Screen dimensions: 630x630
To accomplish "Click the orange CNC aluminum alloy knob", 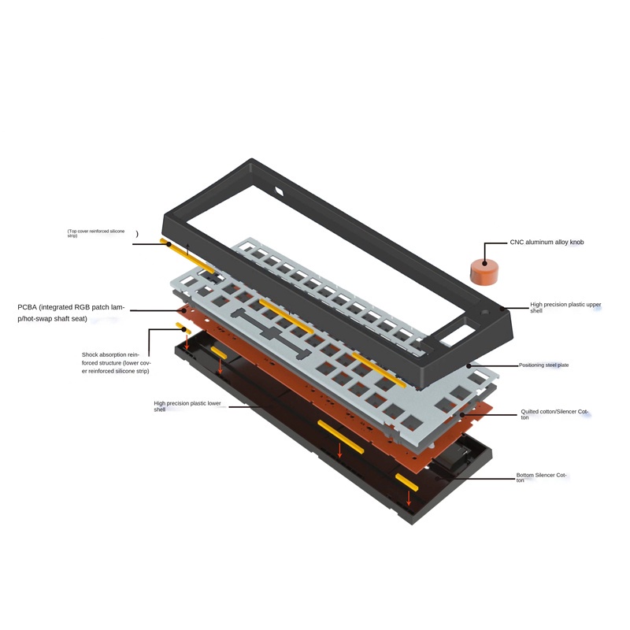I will point(484,272).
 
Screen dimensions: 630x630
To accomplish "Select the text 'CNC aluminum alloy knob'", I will point(547,243).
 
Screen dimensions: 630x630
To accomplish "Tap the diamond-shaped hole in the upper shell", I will point(280,191).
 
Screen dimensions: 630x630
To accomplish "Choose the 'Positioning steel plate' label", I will point(543,365).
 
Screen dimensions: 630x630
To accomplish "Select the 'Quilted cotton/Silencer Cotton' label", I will point(554,414).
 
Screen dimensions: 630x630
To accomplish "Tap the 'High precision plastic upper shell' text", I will point(561,307).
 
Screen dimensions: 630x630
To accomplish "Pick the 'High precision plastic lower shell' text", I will point(187,406).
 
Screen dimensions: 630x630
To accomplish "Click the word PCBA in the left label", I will point(28,307).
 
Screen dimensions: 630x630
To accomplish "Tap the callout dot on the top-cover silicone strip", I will point(169,244).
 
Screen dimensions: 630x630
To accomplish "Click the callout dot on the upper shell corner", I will point(502,309).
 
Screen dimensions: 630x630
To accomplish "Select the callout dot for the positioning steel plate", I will point(469,365).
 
